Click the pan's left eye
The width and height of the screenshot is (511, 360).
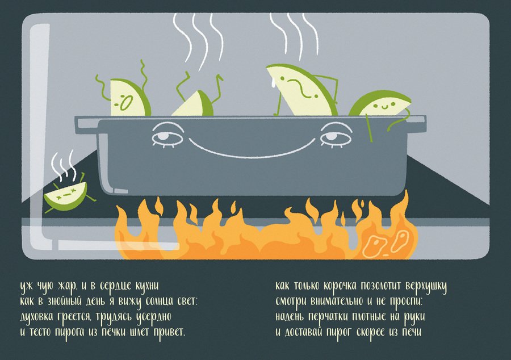point(167,137)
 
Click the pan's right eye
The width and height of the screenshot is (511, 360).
point(336,137)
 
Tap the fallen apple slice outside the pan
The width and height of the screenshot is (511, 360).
point(66,195)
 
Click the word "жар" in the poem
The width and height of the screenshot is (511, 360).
point(67,286)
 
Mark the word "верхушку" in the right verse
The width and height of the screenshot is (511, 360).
point(426,286)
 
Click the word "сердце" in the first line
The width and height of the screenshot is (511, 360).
point(116,286)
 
